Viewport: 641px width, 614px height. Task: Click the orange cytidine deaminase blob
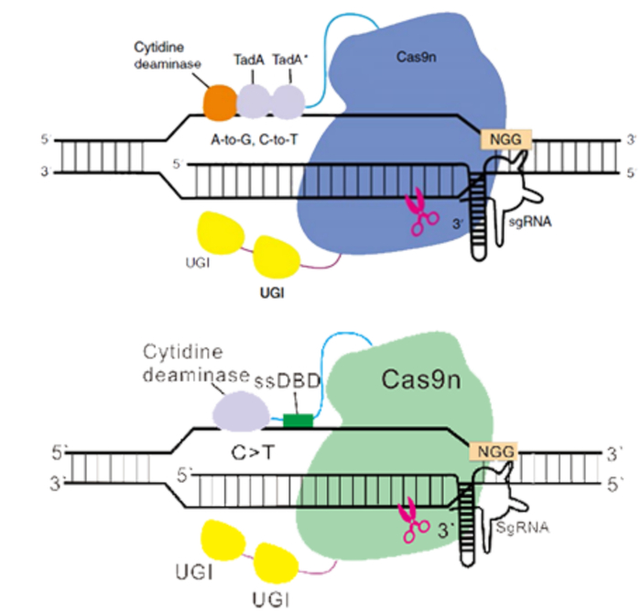(220, 100)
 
